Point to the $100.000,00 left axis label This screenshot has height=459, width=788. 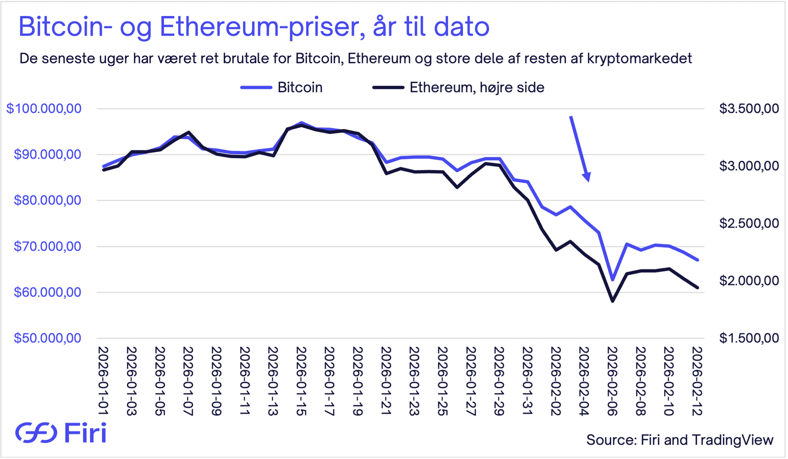tap(44, 109)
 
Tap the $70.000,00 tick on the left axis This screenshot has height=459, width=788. tap(48, 246)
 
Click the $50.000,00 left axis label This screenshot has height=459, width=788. tap(48, 338)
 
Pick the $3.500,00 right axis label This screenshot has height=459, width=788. tap(749, 109)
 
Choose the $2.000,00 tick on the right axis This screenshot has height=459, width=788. tap(749, 281)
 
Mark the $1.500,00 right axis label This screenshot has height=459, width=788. tap(749, 338)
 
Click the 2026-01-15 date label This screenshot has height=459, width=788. tap(301, 381)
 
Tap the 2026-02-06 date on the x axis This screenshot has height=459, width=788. tap(612, 381)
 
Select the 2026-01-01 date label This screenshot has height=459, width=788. tap(103, 381)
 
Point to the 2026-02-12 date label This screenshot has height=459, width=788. tap(697, 381)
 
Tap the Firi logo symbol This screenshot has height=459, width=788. tap(36, 432)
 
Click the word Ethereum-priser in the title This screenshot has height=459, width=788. tap(262, 27)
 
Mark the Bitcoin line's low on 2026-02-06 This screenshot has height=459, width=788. tap(612, 280)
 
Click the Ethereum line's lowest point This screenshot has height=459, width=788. tap(612, 301)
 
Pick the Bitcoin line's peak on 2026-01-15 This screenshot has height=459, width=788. tap(301, 123)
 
